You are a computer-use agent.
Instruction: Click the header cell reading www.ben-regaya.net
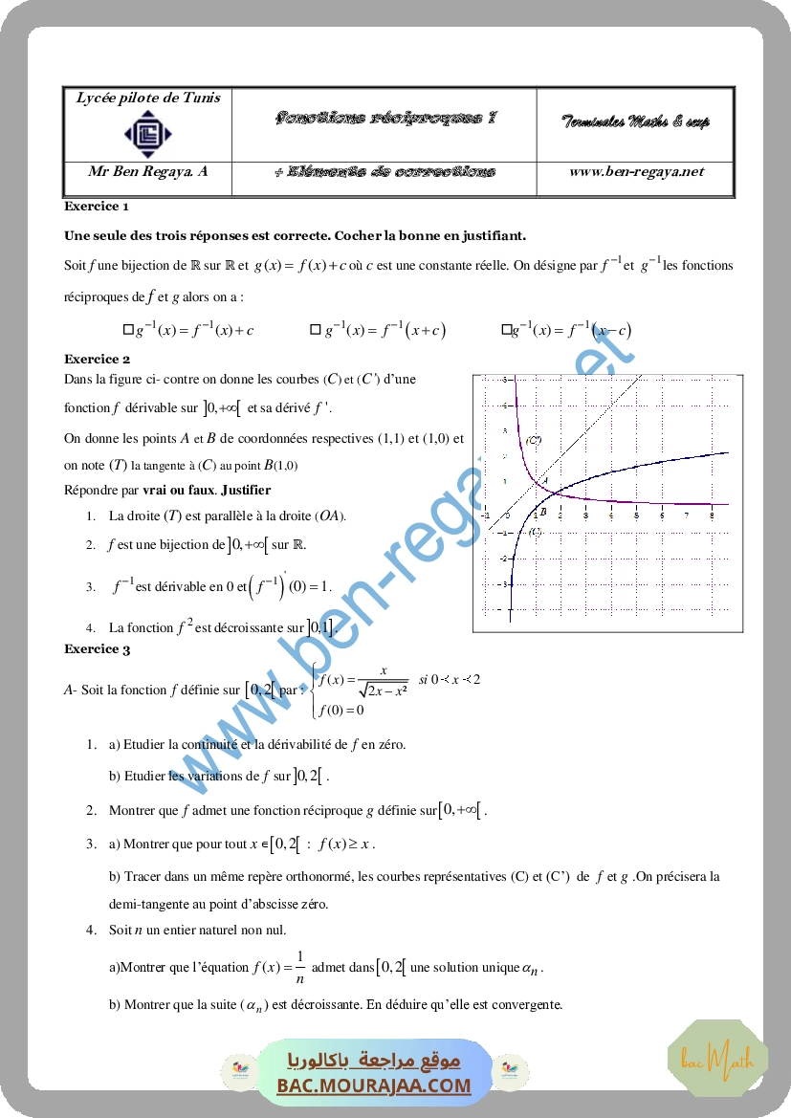pyautogui.click(x=636, y=172)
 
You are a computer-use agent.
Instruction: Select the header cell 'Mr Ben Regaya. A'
pyautogui.click(x=147, y=172)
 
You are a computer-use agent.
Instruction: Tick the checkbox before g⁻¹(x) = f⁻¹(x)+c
pyautogui.click(x=128, y=330)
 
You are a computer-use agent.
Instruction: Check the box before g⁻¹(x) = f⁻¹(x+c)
pyautogui.click(x=315, y=330)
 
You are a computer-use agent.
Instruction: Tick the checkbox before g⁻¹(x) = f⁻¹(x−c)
pyautogui.click(x=506, y=330)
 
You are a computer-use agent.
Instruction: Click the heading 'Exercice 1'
pyautogui.click(x=97, y=206)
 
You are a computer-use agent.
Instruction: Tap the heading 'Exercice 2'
pyautogui.click(x=97, y=360)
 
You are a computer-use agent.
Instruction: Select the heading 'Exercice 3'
pyautogui.click(x=97, y=649)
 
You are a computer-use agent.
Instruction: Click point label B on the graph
pyautogui.click(x=542, y=513)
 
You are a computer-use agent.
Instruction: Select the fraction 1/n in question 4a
pyautogui.click(x=299, y=967)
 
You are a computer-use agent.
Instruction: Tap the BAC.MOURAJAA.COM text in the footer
pyautogui.click(x=374, y=1085)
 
